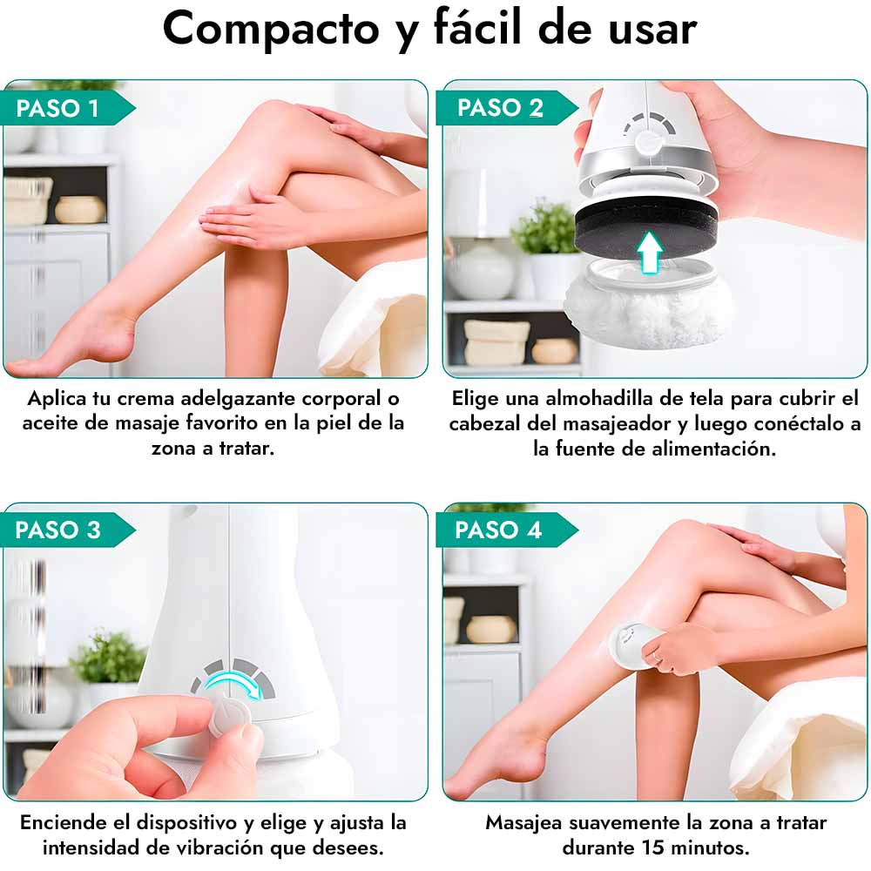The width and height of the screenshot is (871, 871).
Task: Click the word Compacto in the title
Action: point(271,30)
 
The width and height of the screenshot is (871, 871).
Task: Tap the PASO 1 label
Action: point(57,108)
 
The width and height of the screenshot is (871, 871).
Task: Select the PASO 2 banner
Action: point(500,108)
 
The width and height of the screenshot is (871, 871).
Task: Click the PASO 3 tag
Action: point(57,530)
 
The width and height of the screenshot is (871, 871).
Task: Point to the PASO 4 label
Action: point(498,530)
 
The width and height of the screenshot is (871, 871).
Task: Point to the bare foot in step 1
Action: point(72,343)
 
